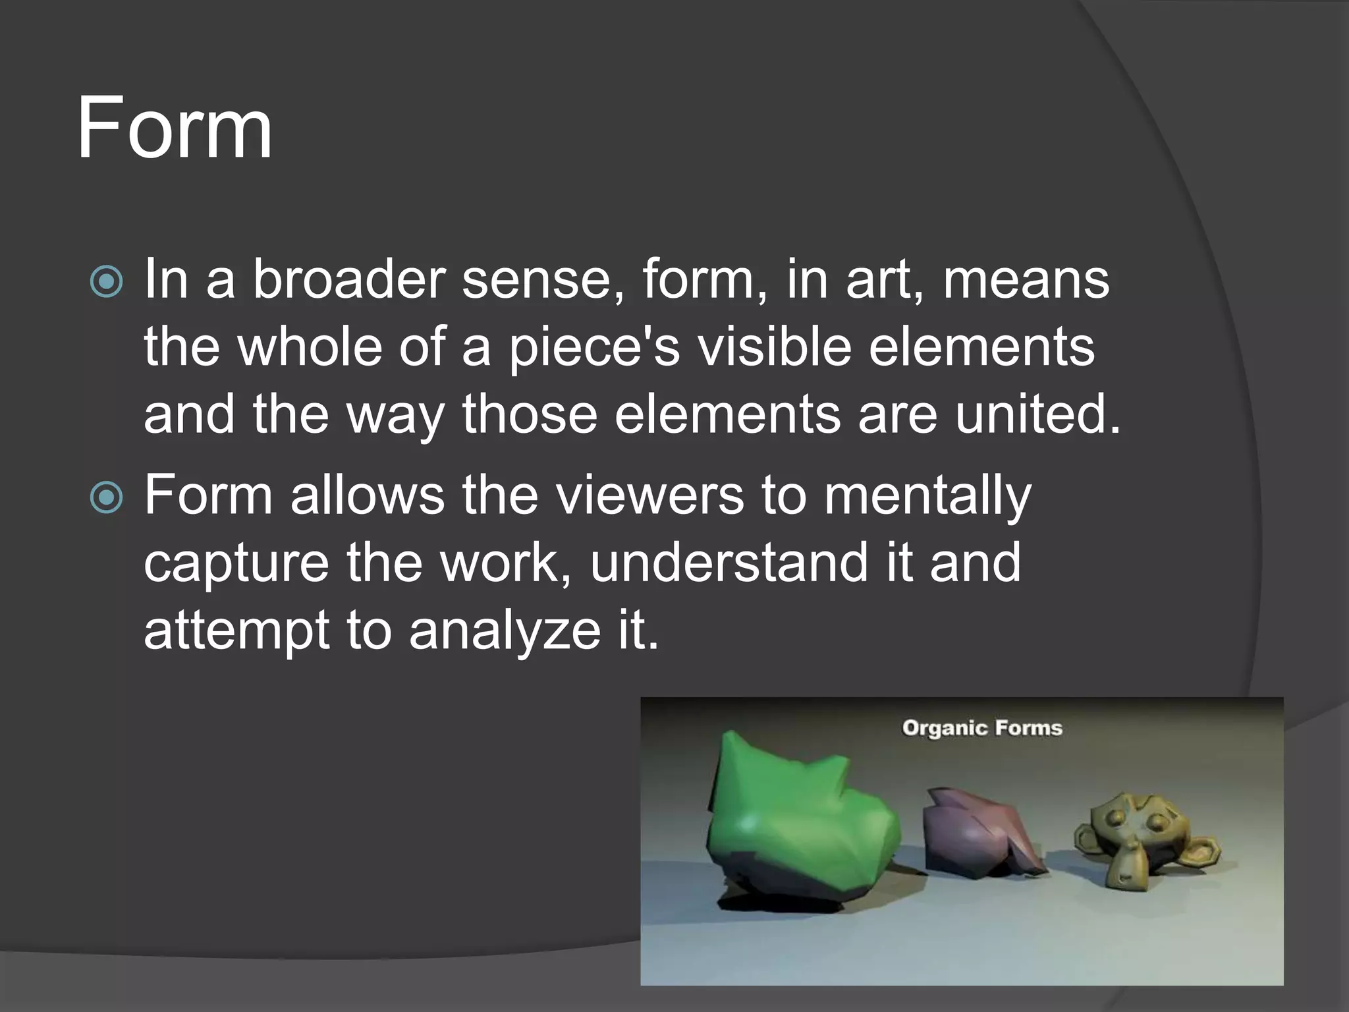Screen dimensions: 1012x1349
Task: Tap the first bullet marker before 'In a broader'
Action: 106,282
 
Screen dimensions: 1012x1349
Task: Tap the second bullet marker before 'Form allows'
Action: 106,497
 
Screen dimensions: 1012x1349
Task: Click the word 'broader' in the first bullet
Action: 348,279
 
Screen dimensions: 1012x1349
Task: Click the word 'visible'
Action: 775,347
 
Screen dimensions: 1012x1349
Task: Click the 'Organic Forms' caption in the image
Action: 981,728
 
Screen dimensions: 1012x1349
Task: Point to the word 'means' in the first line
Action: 1026,279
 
